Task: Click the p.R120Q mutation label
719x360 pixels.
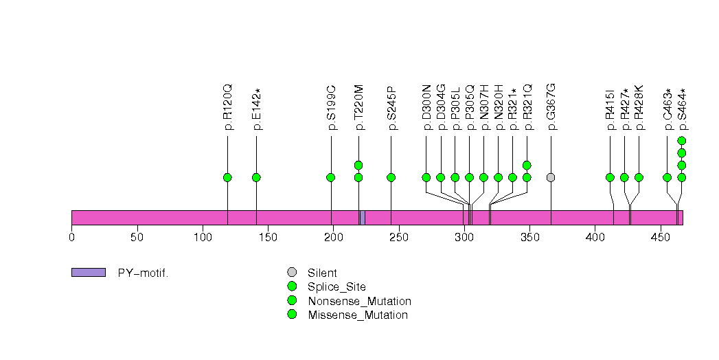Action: pyautogui.click(x=228, y=107)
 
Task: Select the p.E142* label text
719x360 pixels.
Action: pyautogui.click(x=256, y=109)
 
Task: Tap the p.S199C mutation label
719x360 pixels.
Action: pyautogui.click(x=331, y=107)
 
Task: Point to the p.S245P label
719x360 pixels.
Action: pyautogui.click(x=391, y=107)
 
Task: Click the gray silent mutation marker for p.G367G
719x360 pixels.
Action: pyautogui.click(x=551, y=177)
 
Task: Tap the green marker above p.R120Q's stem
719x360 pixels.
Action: pyautogui.click(x=227, y=177)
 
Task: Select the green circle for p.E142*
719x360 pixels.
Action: pyautogui.click(x=256, y=177)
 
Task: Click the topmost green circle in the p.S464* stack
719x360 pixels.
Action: pyautogui.click(x=681, y=141)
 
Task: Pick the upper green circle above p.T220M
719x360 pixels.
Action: pyautogui.click(x=358, y=165)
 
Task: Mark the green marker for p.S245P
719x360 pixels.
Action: pyautogui.click(x=391, y=177)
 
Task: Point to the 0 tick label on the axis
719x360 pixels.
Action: pyautogui.click(x=71, y=238)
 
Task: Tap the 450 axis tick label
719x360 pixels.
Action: pyautogui.click(x=661, y=238)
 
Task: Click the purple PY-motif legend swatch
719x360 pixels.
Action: pyautogui.click(x=88, y=273)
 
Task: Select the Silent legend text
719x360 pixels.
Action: pyautogui.click(x=322, y=273)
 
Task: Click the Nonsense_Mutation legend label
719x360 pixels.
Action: pyautogui.click(x=359, y=301)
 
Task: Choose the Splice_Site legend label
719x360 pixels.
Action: pyautogui.click(x=336, y=287)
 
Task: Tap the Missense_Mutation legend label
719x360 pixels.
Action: pyautogui.click(x=357, y=315)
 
